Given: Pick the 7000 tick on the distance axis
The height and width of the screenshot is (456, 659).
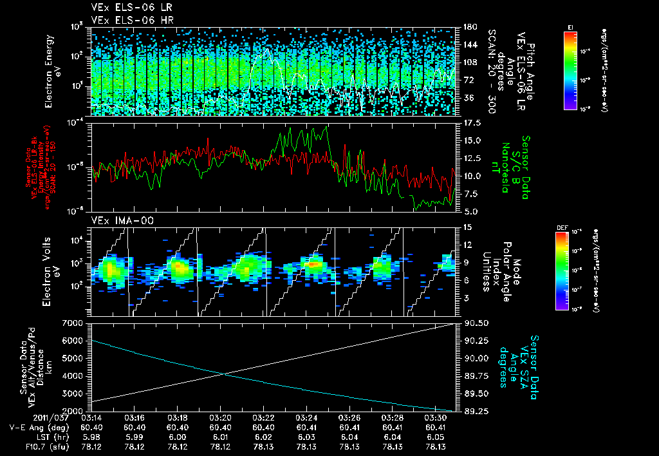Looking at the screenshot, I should [x=76, y=322].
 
